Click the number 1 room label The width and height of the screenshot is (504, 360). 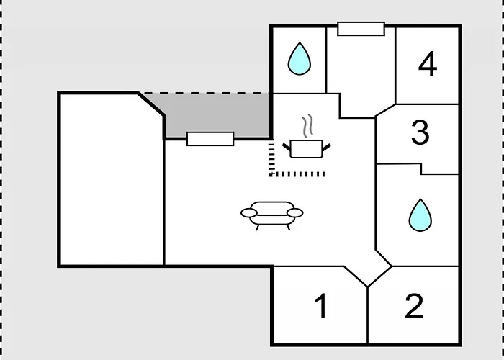point(321,306)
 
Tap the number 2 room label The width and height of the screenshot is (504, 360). point(414,306)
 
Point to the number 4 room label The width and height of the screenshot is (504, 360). point(428,63)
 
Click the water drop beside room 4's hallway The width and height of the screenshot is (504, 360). point(300,59)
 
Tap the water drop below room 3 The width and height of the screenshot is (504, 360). point(420,215)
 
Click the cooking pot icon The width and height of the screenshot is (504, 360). point(306,148)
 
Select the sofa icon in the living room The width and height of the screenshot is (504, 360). point(272,215)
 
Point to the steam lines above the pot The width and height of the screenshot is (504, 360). point(307,125)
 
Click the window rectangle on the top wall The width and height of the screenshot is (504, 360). point(361,29)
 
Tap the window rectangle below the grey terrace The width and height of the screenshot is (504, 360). point(210,139)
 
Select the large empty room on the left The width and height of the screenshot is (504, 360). point(111,179)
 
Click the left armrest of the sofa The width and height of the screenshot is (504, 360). point(249,213)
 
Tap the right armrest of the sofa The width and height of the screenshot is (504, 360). point(295,213)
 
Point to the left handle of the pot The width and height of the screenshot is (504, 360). point(287,147)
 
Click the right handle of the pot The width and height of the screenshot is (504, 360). point(327,147)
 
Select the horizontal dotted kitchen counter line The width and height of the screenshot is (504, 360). point(297,174)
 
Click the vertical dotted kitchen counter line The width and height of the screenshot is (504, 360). point(271,158)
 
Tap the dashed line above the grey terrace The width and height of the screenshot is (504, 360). point(207,93)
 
